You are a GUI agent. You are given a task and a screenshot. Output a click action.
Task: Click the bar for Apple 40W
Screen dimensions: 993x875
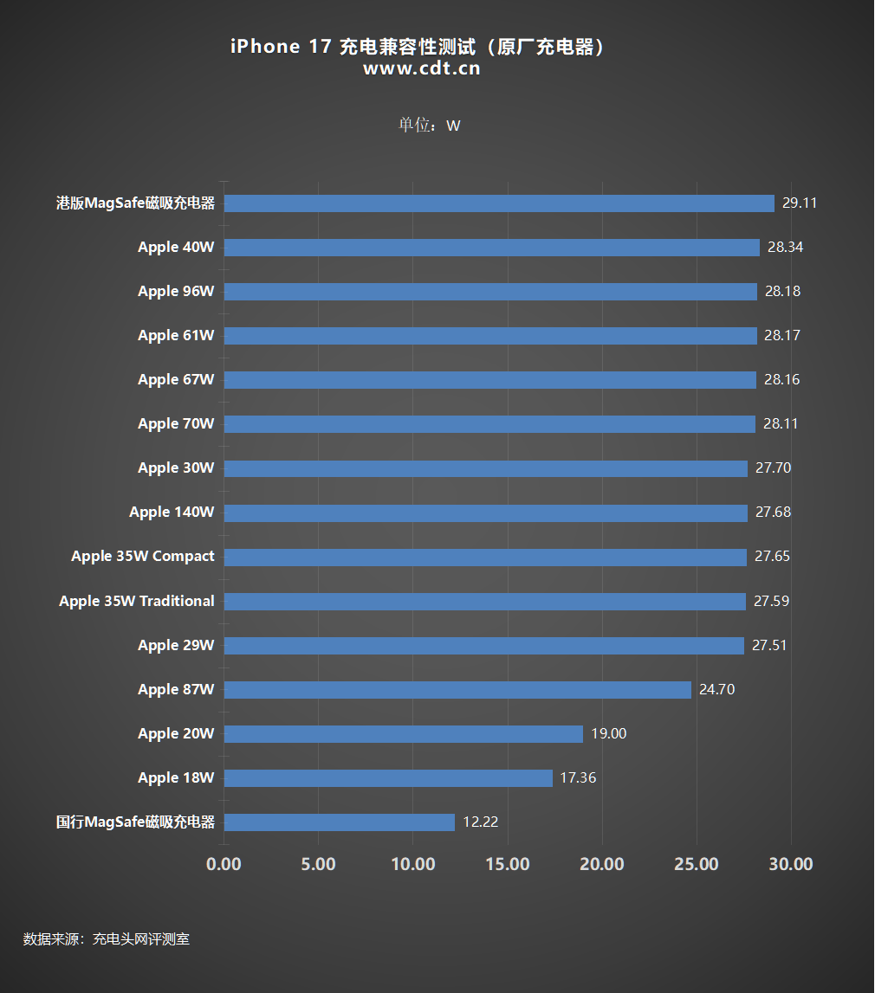(491, 248)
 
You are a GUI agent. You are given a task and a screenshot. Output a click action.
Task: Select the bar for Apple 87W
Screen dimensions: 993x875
(457, 690)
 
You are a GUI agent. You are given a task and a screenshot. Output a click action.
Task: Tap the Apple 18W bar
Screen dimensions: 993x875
(388, 778)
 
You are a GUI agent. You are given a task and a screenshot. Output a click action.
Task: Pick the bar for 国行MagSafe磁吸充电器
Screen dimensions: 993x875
(340, 822)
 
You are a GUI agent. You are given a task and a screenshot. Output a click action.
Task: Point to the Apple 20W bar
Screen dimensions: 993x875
(404, 734)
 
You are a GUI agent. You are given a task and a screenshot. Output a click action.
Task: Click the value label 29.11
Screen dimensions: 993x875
(799, 203)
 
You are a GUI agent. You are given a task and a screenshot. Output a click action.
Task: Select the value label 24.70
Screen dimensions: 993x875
(716, 690)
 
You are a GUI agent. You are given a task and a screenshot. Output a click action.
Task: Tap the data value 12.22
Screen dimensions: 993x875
(480, 822)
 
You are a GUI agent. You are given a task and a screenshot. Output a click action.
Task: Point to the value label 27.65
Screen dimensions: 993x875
(772, 557)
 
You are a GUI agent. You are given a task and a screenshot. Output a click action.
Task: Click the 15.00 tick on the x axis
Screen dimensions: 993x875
(508, 864)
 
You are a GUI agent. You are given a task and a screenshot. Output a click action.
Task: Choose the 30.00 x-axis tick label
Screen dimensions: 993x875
(791, 864)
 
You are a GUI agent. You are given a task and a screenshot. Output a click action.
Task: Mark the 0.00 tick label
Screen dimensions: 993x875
(224, 864)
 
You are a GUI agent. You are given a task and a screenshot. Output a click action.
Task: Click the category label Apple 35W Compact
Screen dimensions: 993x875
(142, 557)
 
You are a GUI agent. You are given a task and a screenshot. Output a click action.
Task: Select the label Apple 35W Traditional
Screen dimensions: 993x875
(136, 601)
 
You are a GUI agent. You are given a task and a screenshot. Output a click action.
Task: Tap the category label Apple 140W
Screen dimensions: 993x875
(172, 513)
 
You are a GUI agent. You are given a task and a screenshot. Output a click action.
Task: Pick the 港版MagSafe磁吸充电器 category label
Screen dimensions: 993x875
(135, 203)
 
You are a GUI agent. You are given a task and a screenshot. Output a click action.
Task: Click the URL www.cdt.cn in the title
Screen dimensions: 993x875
(421, 69)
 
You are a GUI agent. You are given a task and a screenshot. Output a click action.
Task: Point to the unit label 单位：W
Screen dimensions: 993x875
(429, 126)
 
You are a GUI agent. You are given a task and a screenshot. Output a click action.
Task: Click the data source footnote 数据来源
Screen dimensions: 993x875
(106, 938)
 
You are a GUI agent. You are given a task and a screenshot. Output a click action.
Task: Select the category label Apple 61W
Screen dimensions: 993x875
(176, 336)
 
